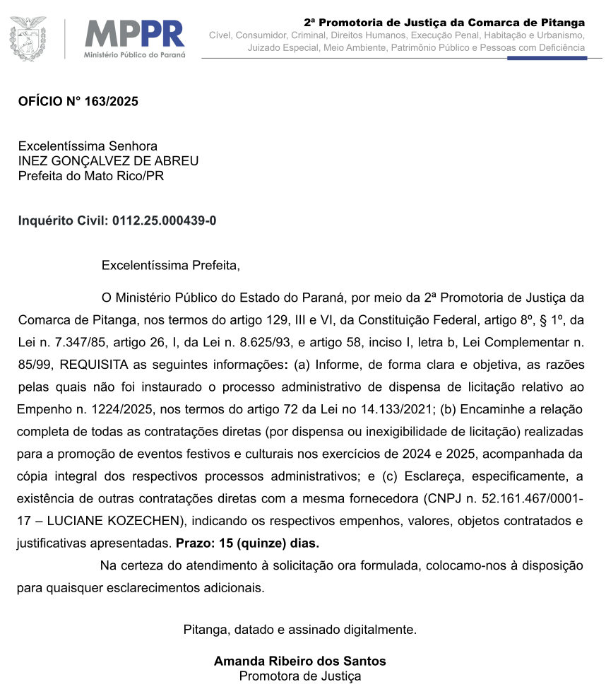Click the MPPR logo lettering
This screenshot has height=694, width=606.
pos(134,34)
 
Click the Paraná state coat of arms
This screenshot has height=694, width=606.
pos(28,38)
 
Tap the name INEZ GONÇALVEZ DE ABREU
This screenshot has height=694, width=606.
pos(108,160)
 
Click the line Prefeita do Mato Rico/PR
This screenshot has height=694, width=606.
pos(90,175)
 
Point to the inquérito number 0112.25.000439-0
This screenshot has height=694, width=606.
pos(164,220)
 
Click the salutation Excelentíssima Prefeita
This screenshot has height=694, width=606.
pos(170,266)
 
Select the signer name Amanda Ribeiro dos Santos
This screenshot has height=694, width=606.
pos(299,661)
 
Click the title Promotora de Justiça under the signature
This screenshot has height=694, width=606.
pos(299,676)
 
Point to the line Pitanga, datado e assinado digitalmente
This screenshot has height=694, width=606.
pos(299,628)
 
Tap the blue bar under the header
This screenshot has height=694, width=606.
pos(547,58)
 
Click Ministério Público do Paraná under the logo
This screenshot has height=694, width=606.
pos(134,54)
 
